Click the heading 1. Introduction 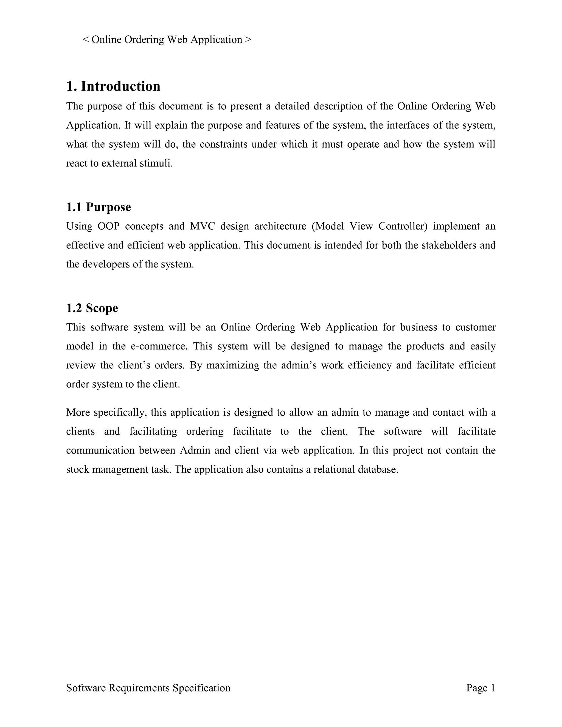(113, 86)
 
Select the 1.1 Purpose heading (99, 207)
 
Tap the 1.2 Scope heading (92, 308)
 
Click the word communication (100, 451)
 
